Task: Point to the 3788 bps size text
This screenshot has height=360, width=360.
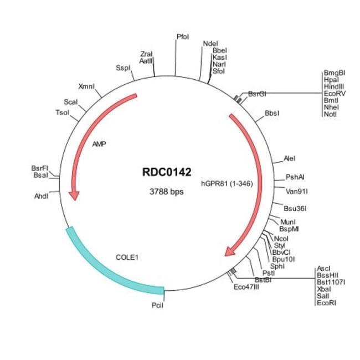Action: (167, 192)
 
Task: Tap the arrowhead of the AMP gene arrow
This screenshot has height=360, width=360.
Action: (74, 195)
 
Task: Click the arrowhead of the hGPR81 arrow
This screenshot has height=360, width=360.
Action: (229, 252)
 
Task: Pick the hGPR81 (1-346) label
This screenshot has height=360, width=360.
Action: (227, 181)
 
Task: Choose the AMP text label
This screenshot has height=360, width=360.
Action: (100, 144)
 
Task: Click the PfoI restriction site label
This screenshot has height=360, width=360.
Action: (183, 37)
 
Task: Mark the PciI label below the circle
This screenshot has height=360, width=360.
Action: (158, 305)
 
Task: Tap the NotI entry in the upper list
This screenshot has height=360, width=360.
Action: (330, 115)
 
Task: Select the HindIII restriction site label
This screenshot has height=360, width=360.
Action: (334, 87)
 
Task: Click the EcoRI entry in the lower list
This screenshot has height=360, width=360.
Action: (326, 303)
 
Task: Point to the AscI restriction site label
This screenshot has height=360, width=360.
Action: (323, 268)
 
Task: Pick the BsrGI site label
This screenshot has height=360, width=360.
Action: (258, 95)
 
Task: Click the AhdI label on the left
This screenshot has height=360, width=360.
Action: (42, 196)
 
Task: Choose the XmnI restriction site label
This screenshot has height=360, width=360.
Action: (87, 86)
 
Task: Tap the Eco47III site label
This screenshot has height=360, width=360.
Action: (246, 287)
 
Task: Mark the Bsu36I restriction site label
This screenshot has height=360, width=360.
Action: (295, 209)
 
